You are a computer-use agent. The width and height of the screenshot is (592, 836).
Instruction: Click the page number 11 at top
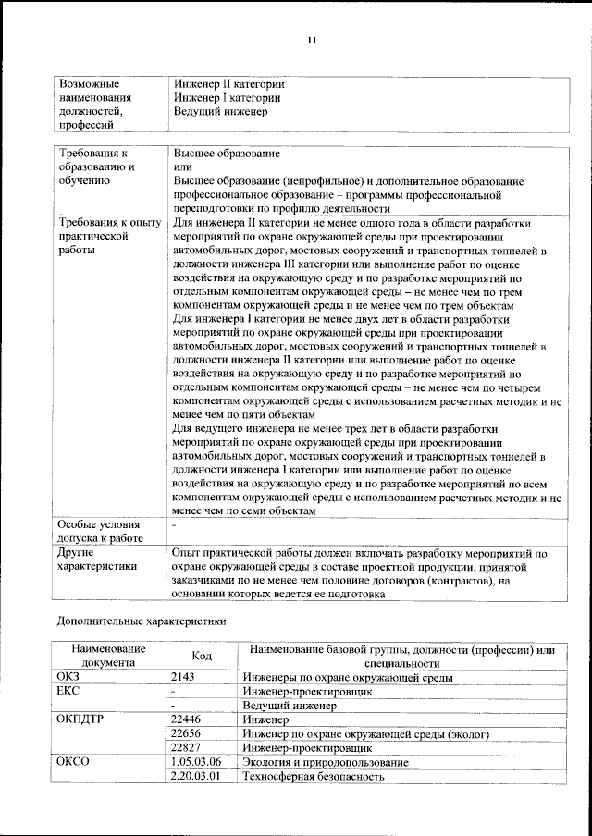coord(312,40)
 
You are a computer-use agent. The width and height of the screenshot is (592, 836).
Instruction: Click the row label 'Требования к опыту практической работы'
coord(108,237)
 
